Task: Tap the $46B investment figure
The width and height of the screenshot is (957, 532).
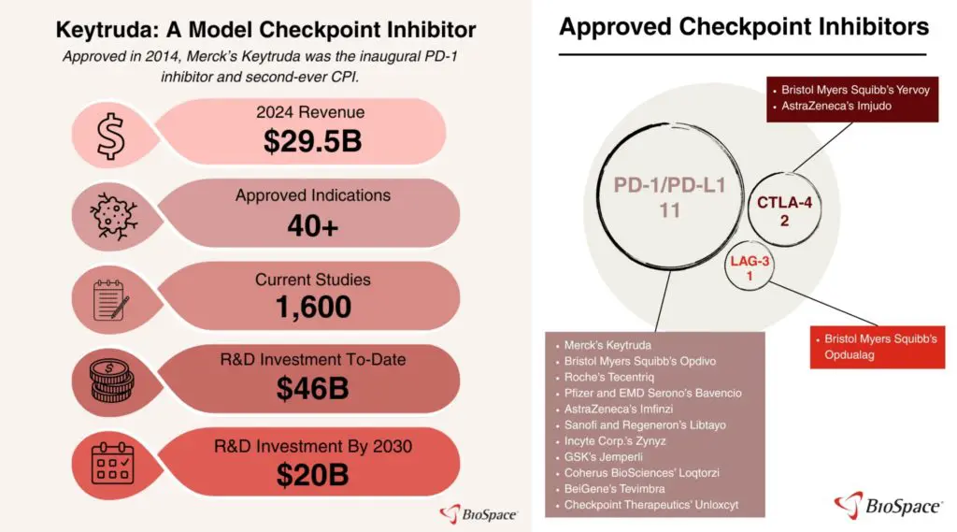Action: click(312, 388)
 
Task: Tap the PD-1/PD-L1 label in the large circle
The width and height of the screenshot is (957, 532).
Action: click(669, 186)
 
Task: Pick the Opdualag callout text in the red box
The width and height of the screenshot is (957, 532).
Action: click(880, 347)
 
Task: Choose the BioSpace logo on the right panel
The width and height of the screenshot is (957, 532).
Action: click(887, 507)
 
